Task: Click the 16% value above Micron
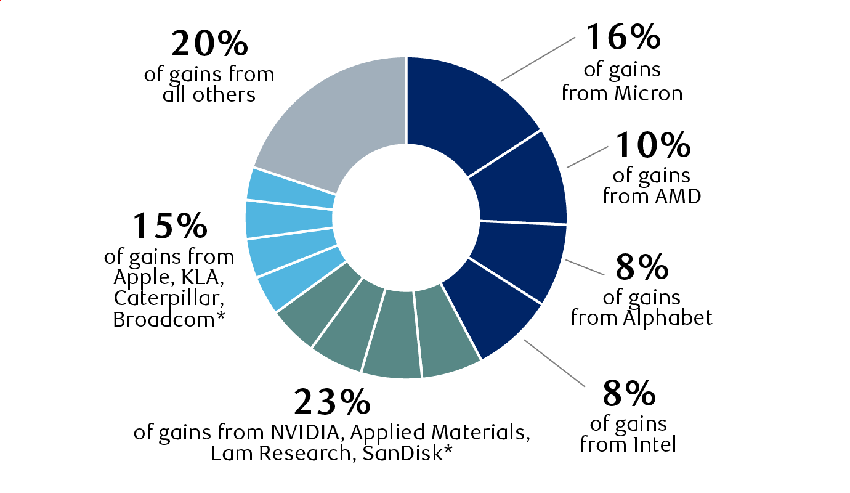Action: (623, 37)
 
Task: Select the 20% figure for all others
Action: (210, 44)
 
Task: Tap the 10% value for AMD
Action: (653, 145)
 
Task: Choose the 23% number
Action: (333, 402)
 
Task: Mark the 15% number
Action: (170, 226)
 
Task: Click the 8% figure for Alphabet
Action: (642, 266)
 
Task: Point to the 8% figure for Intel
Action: (629, 393)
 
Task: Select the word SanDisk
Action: (403, 453)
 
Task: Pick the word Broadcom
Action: (164, 320)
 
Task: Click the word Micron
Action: (649, 94)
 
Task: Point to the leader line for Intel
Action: (555, 363)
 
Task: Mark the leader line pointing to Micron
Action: (538, 59)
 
